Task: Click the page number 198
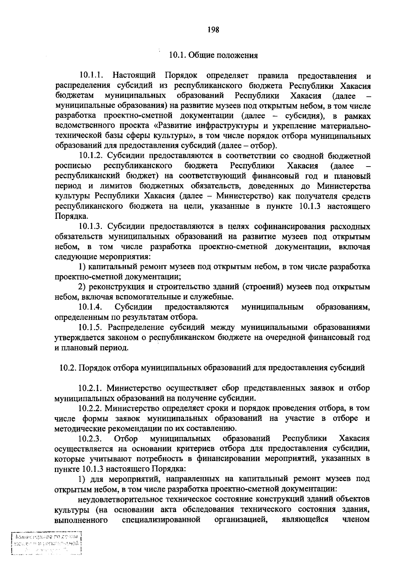pos(213,30)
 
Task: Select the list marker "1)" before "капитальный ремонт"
pos(82,267)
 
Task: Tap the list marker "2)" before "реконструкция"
pos(82,287)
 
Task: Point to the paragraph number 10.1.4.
pos(90,307)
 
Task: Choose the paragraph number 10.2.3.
pos(90,439)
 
